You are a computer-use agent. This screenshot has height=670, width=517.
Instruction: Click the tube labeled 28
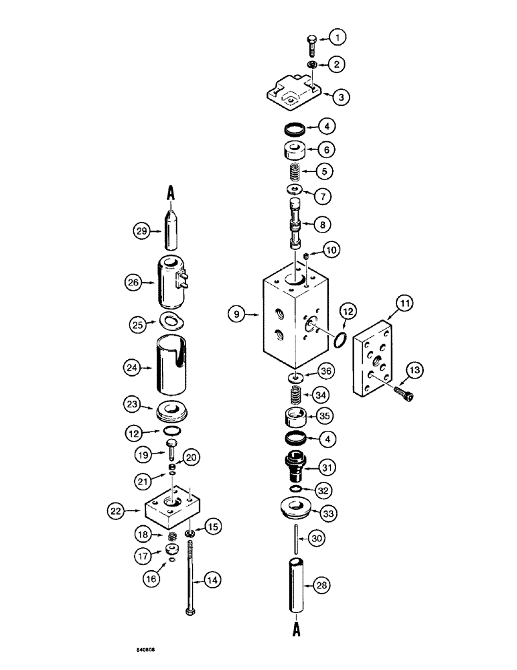295,585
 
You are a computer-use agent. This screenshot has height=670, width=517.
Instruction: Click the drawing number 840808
142,649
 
